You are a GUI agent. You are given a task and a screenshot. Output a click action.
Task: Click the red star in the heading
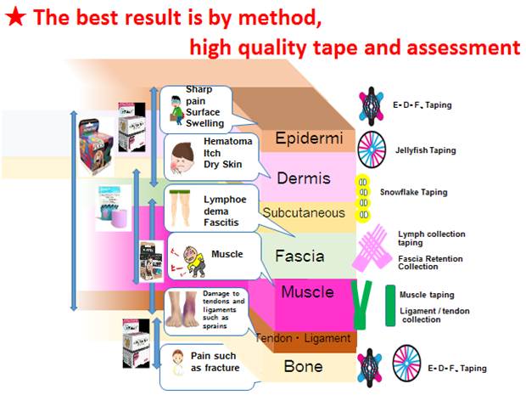click(x=16, y=17)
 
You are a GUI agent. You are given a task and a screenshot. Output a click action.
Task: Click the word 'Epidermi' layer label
click(x=309, y=138)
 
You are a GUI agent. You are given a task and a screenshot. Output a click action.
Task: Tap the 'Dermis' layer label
click(x=304, y=178)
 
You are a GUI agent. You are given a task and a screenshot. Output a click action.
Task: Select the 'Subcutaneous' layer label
click(x=304, y=212)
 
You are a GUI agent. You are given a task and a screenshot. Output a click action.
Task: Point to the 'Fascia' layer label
click(x=299, y=256)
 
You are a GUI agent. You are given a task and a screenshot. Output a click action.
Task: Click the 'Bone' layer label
click(x=303, y=366)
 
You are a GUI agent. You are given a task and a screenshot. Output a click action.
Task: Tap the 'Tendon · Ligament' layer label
click(x=303, y=338)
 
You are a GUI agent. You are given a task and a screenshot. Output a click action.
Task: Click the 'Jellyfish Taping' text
click(x=425, y=150)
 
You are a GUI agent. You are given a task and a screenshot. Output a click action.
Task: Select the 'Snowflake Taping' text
click(x=414, y=192)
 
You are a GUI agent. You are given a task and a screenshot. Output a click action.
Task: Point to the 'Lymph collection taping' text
click(x=431, y=238)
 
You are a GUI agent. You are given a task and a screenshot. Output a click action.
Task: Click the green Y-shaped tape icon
click(x=361, y=305)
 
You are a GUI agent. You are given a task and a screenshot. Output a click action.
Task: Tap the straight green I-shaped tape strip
click(x=390, y=305)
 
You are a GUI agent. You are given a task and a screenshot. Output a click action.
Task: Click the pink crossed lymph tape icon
click(x=372, y=248)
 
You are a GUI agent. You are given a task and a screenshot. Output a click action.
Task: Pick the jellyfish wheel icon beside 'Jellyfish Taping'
click(x=372, y=150)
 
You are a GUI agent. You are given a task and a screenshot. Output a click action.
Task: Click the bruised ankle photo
click(x=182, y=310)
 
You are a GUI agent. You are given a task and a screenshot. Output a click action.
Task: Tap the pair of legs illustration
click(x=180, y=208)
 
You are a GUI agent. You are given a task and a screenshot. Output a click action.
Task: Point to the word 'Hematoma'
click(x=227, y=141)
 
